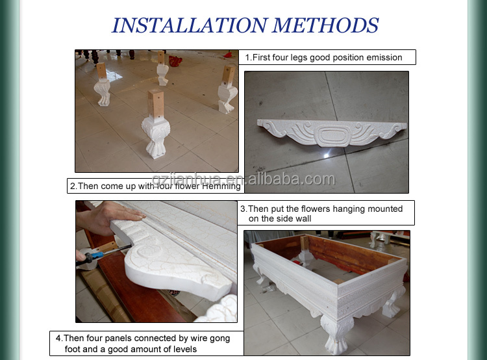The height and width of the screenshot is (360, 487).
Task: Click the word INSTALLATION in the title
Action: pyautogui.click(x=190, y=25)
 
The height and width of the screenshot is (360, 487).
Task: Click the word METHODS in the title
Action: pyautogui.click(x=325, y=25)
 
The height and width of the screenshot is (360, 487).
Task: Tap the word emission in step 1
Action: pyautogui.click(x=384, y=58)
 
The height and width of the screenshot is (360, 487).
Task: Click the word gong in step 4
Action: pyautogui.click(x=220, y=339)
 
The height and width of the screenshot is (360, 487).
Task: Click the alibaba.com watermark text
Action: pyautogui.click(x=292, y=179)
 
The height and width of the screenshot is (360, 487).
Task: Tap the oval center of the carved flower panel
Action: pyautogui.click(x=333, y=135)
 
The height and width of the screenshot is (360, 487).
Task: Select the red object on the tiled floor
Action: pyautogui.click(x=175, y=60)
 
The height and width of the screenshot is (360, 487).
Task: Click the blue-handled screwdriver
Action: pyautogui.click(x=103, y=255)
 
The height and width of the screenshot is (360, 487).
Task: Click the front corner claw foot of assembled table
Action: pyautogui.click(x=336, y=335)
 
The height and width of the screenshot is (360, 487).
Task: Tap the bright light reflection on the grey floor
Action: pyautogui.click(x=326, y=154)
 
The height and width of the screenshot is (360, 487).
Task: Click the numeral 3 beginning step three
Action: pyautogui.click(x=243, y=209)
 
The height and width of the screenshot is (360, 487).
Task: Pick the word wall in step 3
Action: pyautogui.click(x=303, y=218)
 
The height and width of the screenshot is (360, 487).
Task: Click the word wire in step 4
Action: pyautogui.click(x=199, y=339)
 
